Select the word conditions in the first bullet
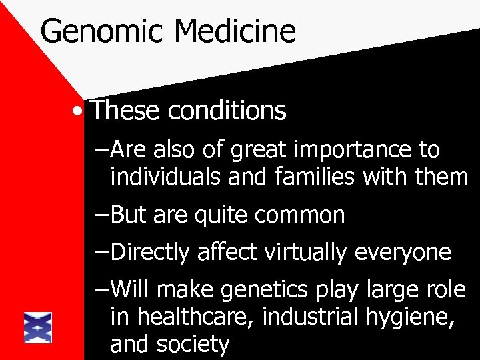click(x=227, y=111)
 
